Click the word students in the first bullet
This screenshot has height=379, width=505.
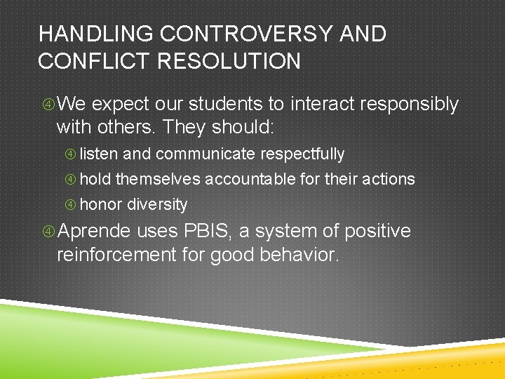[228, 105]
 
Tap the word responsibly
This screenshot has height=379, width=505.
[409, 105]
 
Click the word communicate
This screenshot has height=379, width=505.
[206, 154]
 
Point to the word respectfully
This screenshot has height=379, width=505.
[302, 154]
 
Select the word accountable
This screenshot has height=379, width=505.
[250, 180]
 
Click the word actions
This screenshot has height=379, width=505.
[390, 180]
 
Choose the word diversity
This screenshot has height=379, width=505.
[157, 205]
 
